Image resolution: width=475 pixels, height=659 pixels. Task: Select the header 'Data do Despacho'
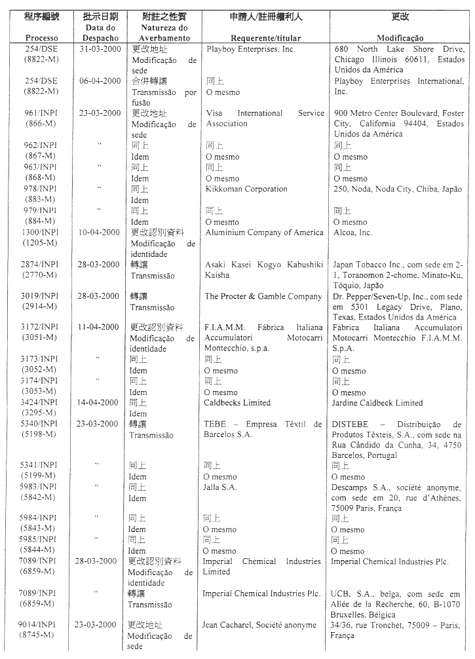pos(100,33)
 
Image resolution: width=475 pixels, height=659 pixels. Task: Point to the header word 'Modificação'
pos(400,39)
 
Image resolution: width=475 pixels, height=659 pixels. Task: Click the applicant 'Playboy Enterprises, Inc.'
pos(251,49)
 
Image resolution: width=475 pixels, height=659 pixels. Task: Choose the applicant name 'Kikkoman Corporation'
pos(246,189)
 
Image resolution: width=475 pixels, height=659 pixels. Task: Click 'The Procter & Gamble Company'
pos(263,297)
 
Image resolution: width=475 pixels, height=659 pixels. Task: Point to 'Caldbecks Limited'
pos(237,403)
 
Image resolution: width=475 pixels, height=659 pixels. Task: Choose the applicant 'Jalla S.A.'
pos(220,487)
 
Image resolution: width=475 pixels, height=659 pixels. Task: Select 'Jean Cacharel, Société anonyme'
pos(260,624)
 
